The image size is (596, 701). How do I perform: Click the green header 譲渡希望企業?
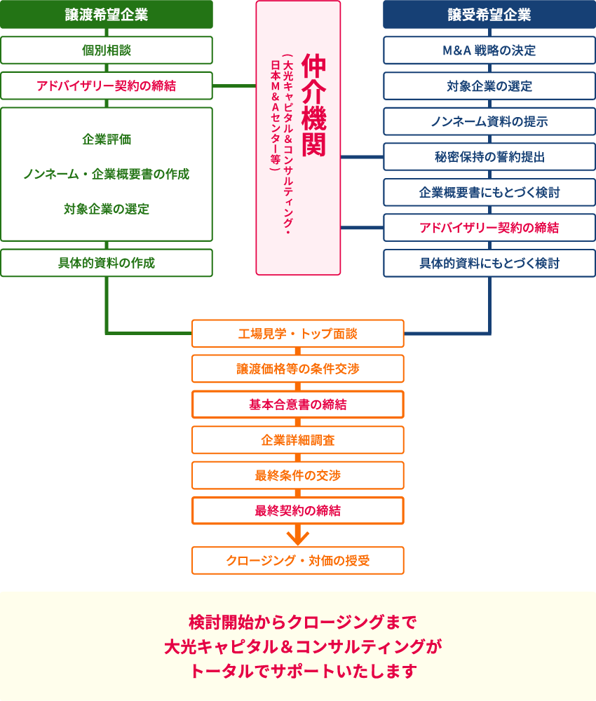coord(107,14)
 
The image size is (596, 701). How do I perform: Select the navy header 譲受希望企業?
coord(489,14)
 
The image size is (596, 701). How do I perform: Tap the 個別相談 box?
coord(107,50)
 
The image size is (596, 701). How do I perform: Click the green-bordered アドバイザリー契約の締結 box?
coord(107,86)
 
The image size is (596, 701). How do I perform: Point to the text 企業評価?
coord(107,139)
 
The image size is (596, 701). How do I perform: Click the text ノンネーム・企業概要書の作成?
coord(107,174)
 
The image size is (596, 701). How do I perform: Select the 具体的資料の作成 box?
coord(107,263)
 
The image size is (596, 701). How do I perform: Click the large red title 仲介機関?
coord(314,105)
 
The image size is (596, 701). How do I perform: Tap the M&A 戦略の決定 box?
coord(489,50)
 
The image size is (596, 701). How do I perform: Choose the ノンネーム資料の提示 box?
coord(489,121)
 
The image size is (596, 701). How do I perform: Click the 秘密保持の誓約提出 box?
coord(489,156)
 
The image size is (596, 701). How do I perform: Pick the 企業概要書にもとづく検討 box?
coord(489,192)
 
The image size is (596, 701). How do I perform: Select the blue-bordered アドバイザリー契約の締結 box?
coord(489,228)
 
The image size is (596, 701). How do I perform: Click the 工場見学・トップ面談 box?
coord(298,334)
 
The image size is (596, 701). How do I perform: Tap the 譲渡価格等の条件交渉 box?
coord(298,369)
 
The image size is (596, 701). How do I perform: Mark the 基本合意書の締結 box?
coord(298,404)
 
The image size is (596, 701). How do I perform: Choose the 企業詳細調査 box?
coord(298,440)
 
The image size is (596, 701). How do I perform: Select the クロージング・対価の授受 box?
coord(298,561)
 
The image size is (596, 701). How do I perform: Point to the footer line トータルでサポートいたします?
coord(304,671)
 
